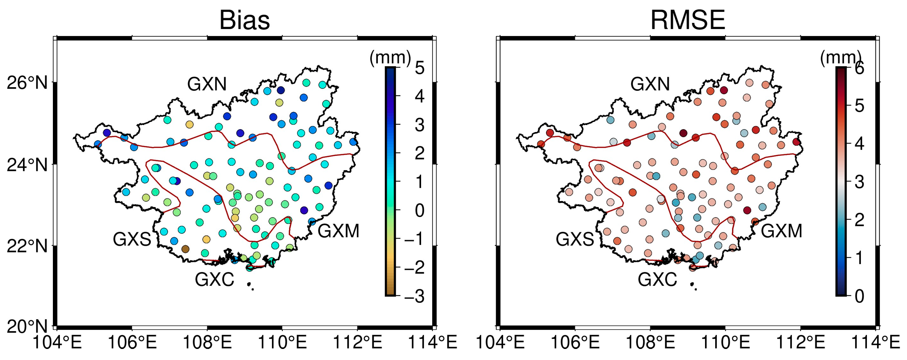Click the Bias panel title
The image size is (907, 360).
pyautogui.click(x=244, y=20)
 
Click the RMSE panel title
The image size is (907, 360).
pyautogui.click(x=687, y=20)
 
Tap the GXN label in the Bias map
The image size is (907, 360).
pyautogui.click(x=207, y=84)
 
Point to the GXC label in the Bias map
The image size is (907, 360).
pyautogui.click(x=214, y=280)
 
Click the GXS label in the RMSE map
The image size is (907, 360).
pyautogui.click(x=575, y=240)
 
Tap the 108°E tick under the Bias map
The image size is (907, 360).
pyautogui.click(x=207, y=342)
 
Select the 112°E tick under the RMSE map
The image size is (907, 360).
pyautogui.click(x=800, y=342)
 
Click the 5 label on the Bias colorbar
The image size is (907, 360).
pyautogui.click(x=419, y=68)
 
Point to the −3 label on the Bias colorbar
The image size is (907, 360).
pyautogui.click(x=414, y=296)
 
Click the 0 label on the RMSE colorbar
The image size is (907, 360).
pyautogui.click(x=859, y=296)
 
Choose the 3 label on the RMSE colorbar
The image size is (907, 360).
pyautogui.click(x=859, y=182)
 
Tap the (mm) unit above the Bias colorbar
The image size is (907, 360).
pyautogui.click(x=390, y=57)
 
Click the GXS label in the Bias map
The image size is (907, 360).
pyautogui.click(x=132, y=240)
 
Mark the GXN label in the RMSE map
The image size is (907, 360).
pyautogui.click(x=650, y=84)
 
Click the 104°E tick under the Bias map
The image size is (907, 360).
pyautogui.click(x=57, y=342)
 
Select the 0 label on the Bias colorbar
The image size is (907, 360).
pyautogui.click(x=419, y=210)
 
